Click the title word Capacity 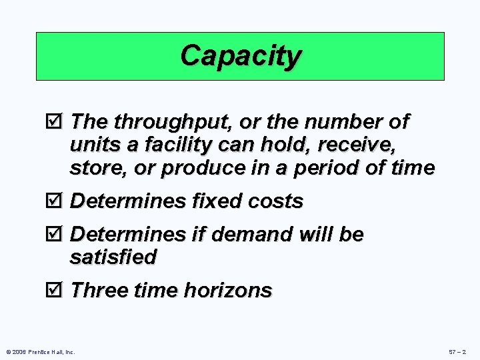coord(241,56)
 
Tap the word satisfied coord(113,257)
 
